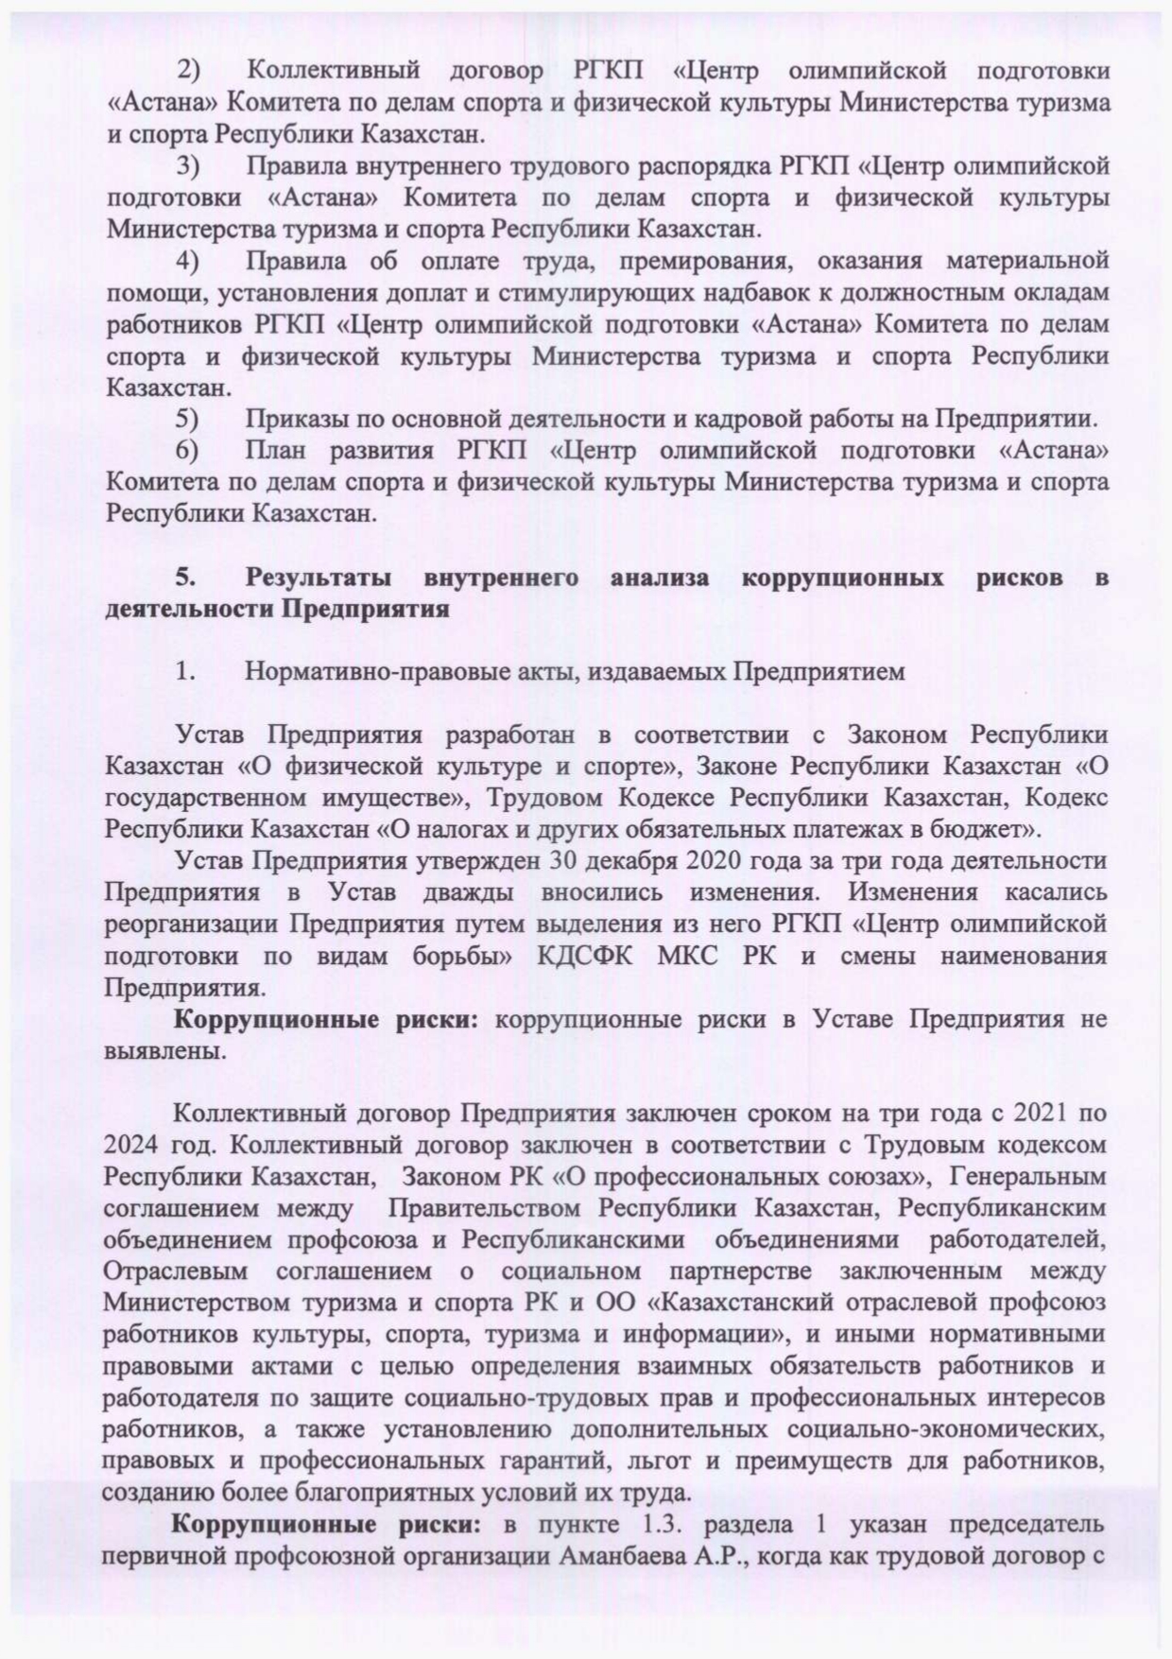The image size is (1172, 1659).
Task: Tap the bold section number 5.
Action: [x=184, y=578]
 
